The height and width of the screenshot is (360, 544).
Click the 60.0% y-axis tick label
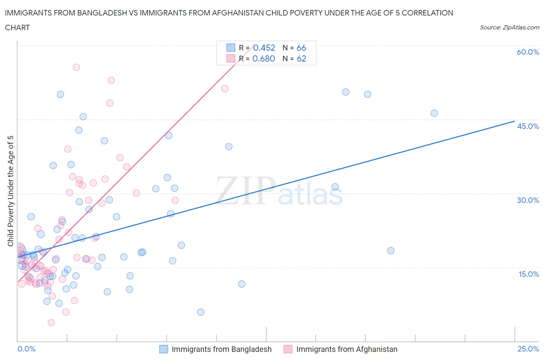click(x=528, y=52)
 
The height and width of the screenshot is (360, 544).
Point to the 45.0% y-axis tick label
click(x=528, y=126)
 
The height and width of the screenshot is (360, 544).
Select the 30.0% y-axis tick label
click(x=528, y=200)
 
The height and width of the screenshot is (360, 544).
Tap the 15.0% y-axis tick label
click(x=528, y=274)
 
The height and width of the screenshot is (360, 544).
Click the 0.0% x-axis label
click(x=26, y=349)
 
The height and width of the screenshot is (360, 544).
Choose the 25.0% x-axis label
click(x=528, y=349)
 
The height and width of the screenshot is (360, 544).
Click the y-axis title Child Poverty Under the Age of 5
click(x=11, y=191)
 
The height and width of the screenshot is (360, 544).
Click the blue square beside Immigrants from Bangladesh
click(x=164, y=349)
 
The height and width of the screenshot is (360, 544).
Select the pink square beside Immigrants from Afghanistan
click(x=288, y=349)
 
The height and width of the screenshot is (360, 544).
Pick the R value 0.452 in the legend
click(x=264, y=48)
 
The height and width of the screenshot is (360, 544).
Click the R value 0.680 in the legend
click(x=263, y=58)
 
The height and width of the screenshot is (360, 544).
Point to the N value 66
click(x=301, y=48)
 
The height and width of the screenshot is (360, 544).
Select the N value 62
click(x=301, y=58)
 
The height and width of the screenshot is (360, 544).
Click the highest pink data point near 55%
click(x=76, y=67)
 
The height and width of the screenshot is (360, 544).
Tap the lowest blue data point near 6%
click(x=200, y=312)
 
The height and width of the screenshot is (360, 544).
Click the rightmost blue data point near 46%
click(x=434, y=113)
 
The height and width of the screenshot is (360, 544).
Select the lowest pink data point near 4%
click(x=51, y=322)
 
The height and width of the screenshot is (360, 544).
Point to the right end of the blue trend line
click(x=515, y=121)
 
